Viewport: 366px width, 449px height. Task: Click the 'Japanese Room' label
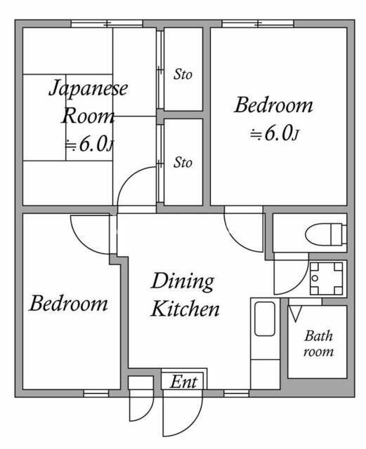pyautogui.click(x=88, y=102)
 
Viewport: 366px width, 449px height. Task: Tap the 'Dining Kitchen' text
pyautogui.click(x=185, y=295)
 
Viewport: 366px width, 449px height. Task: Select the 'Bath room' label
pyautogui.click(x=318, y=344)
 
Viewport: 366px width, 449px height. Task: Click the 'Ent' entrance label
pyautogui.click(x=185, y=382)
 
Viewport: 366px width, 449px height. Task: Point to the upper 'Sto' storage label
pyautogui.click(x=183, y=74)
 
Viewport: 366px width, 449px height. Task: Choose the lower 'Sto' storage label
pyautogui.click(x=183, y=163)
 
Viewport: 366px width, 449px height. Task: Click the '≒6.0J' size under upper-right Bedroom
pyautogui.click(x=276, y=135)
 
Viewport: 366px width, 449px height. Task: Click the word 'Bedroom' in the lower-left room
pyautogui.click(x=69, y=304)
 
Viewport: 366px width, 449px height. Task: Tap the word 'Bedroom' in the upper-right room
pyautogui.click(x=273, y=106)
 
